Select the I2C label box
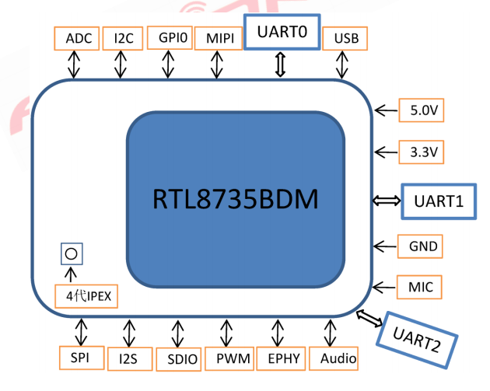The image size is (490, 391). click(122, 38)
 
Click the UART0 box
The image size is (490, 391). click(281, 33)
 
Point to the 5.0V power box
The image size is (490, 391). click(420, 110)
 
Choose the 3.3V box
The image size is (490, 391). click(420, 152)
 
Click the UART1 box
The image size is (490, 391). click(438, 201)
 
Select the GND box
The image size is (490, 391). click(420, 247)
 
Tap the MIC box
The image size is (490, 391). click(420, 287)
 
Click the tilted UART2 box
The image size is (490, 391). click(416, 340)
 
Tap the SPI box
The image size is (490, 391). click(80, 358)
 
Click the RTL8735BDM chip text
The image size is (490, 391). click(235, 199)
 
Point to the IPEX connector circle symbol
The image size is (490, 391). click(72, 254)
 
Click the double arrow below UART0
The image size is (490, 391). click(281, 65)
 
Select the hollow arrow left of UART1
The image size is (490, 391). click(386, 201)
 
